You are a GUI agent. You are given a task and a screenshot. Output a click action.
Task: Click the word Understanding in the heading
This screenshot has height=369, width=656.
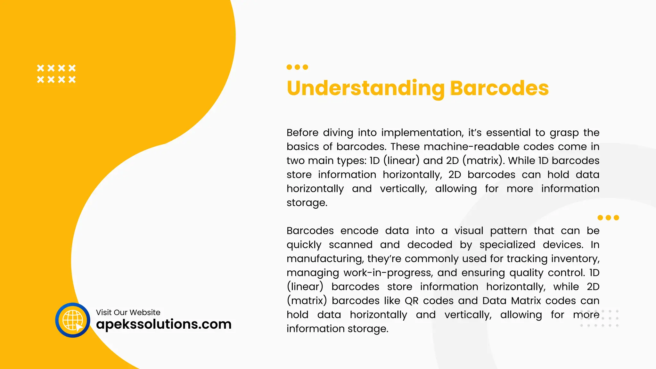pos(365,89)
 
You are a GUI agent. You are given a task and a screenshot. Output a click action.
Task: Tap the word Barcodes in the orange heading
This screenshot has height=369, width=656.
pos(499,88)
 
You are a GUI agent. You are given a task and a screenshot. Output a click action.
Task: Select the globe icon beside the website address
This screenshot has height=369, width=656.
pos(73,320)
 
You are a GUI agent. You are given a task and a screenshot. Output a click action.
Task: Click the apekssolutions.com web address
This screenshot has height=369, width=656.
pos(164,324)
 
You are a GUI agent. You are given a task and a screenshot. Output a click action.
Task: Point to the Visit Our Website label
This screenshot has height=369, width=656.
pos(128,312)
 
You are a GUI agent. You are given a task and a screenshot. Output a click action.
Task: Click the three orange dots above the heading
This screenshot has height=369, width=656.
pos(297,67)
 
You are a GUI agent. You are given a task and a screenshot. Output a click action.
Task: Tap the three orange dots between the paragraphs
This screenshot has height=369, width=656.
pos(608,218)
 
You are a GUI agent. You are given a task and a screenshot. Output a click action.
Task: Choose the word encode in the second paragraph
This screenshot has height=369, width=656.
pos(359,231)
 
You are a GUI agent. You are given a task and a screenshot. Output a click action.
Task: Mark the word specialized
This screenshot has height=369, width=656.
pos(507,245)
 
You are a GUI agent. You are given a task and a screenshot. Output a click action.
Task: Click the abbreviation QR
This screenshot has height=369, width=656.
pos(411,301)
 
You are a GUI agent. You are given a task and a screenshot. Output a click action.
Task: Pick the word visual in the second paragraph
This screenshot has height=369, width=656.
pos(469,231)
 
